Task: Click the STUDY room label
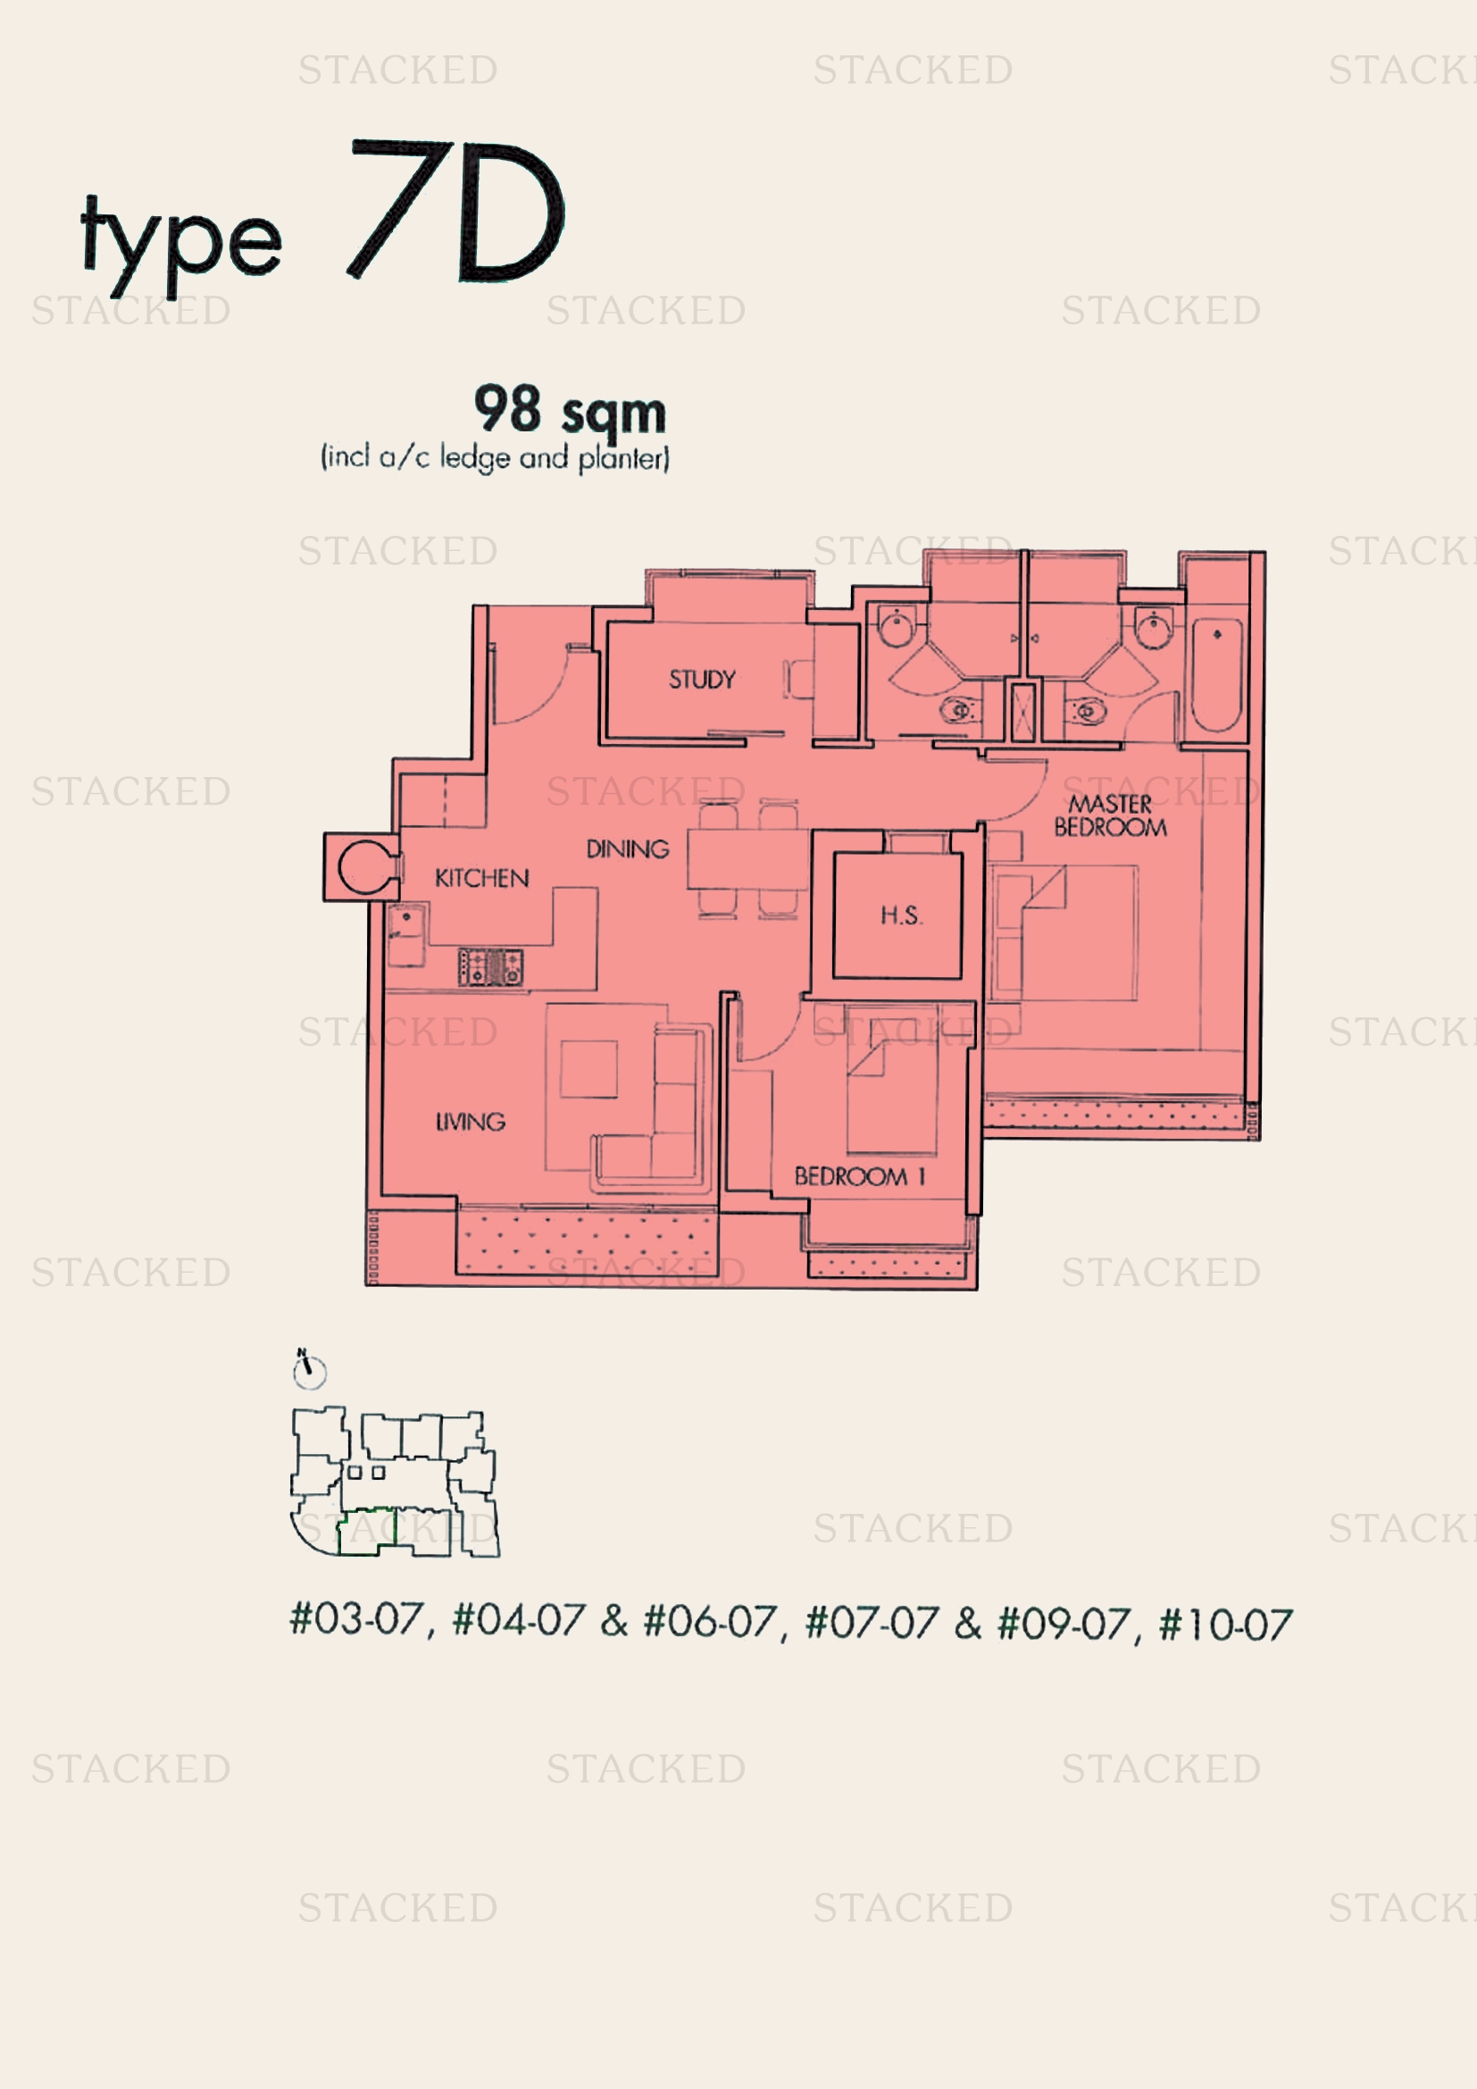[701, 680]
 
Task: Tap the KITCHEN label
[481, 878]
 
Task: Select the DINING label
[627, 848]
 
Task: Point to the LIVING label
[470, 1122]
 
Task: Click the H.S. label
[900, 915]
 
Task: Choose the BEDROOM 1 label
[858, 1176]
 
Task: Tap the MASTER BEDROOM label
[1110, 815]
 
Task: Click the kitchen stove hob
[490, 967]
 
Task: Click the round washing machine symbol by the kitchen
[365, 868]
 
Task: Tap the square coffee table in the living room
[588, 1069]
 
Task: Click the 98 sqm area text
[570, 411]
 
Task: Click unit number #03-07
[355, 1619]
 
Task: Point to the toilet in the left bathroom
[958, 709]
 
